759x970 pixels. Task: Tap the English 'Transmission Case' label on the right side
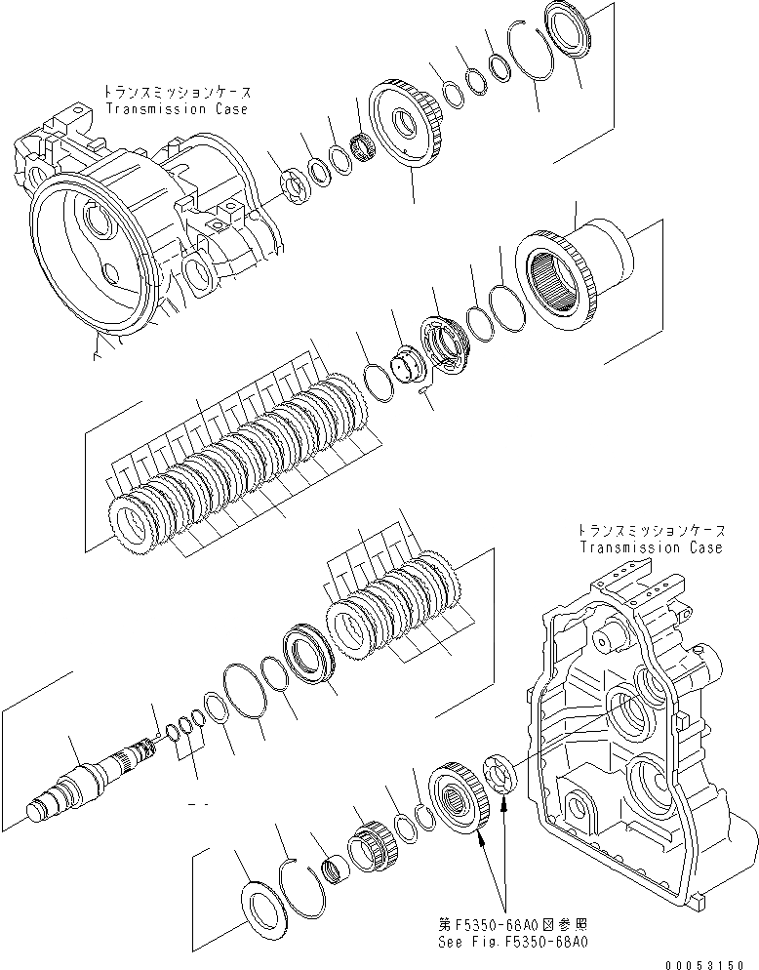tap(651, 547)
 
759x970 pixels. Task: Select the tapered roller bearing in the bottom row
tap(376, 838)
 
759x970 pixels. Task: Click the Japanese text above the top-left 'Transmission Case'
tap(176, 92)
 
